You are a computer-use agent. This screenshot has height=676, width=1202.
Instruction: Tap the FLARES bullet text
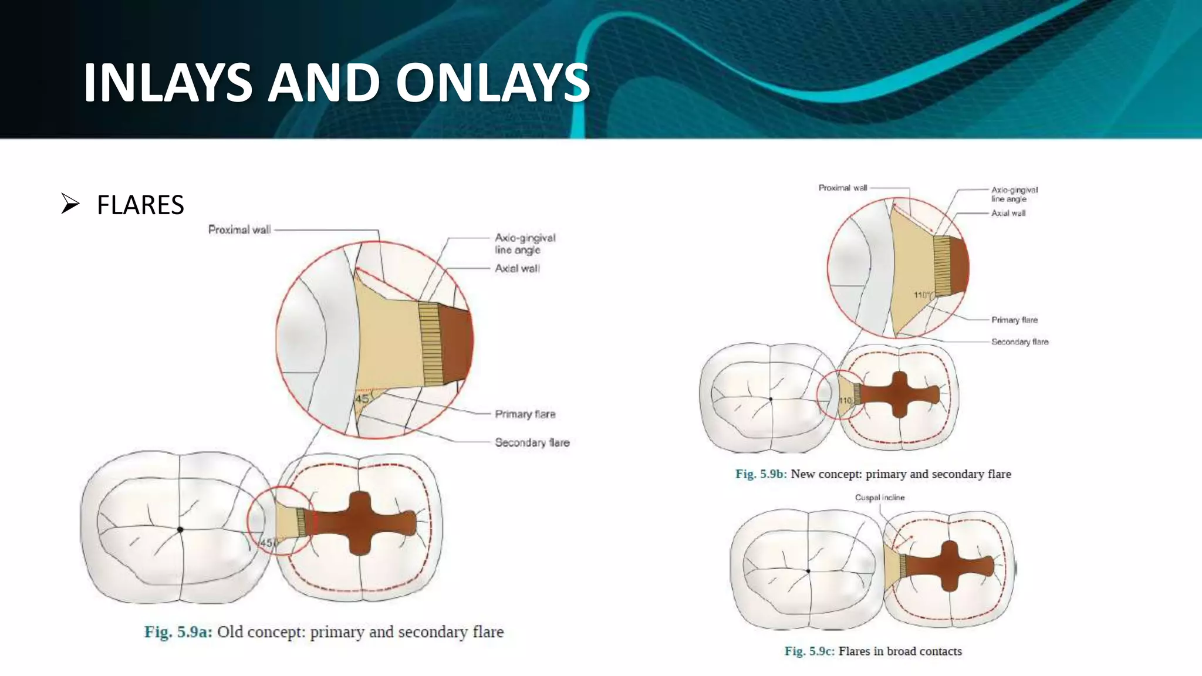point(140,205)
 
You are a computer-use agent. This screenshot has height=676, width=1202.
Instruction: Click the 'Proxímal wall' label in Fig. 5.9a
point(239,229)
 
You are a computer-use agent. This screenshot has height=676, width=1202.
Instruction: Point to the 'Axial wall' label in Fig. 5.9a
point(517,268)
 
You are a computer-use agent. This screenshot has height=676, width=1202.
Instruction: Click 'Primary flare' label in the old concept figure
point(525,414)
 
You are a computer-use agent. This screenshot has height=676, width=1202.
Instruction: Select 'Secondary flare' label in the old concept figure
point(532,442)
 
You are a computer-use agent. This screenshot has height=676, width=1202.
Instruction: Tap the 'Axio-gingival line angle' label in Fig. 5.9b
point(1014,194)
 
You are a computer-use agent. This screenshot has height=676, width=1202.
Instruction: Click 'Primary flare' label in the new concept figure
point(1014,320)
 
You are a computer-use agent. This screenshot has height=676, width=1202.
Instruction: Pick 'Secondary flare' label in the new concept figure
point(1019,342)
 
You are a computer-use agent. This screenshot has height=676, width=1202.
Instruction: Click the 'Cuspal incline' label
point(879,498)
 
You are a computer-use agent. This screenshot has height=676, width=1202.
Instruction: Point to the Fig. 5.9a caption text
point(324,632)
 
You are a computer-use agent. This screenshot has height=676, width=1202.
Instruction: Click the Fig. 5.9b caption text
point(873,474)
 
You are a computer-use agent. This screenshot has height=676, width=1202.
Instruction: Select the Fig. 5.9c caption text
point(873,651)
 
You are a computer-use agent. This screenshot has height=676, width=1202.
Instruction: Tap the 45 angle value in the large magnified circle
point(362,399)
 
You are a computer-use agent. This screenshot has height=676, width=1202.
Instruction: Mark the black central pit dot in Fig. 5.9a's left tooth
point(180,529)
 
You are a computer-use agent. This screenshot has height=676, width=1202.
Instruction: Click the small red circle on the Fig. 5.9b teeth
point(840,394)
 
